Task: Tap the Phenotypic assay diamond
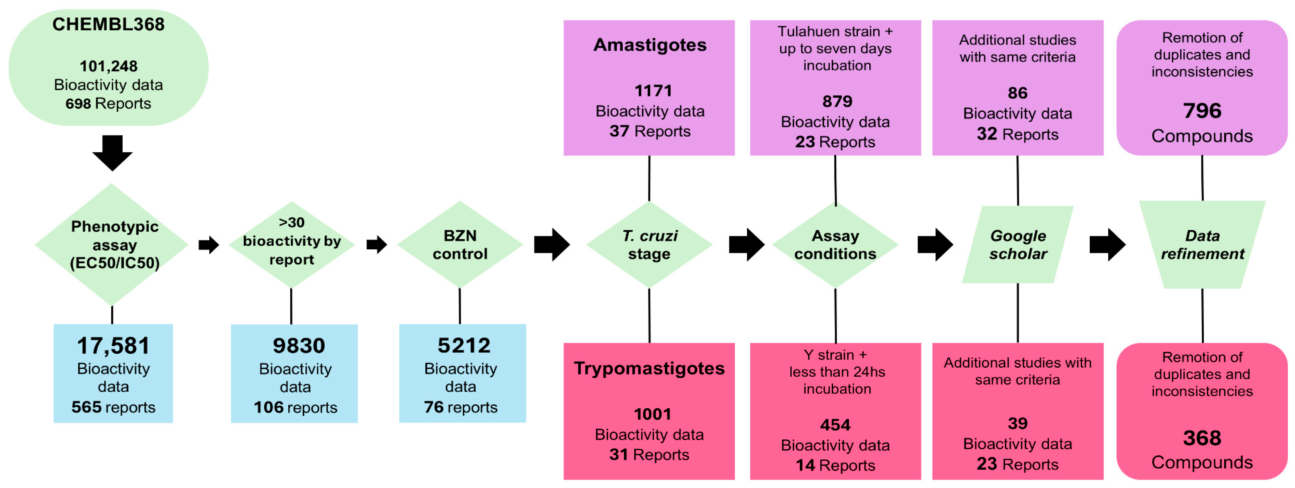[x=112, y=244]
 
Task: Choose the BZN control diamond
[x=460, y=244]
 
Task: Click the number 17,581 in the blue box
[x=113, y=346]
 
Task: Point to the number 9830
[x=299, y=346]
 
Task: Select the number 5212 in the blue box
[x=464, y=345]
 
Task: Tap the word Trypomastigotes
[x=649, y=368]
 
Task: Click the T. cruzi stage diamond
[x=649, y=244]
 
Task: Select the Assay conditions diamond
[x=835, y=244]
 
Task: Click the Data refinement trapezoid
[x=1202, y=244]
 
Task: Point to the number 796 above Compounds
[x=1202, y=111]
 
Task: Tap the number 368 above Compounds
[x=1202, y=438]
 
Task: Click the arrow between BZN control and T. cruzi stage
[x=552, y=244]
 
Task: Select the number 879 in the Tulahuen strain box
[x=837, y=101]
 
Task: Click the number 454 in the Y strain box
[x=835, y=425]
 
